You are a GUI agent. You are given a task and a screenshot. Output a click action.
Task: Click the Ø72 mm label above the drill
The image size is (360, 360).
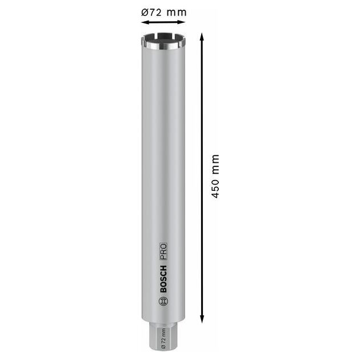point(163,12)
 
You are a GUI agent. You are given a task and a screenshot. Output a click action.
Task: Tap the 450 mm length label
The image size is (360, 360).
point(215,176)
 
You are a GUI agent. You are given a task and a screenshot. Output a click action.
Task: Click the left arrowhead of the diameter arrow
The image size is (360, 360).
point(143,22)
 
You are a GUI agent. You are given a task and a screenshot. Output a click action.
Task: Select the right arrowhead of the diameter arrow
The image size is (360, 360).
point(182,22)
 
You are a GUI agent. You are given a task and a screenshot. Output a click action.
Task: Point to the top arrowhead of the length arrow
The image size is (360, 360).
point(202,36)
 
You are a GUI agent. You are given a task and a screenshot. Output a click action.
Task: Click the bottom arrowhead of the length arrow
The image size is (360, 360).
point(202,319)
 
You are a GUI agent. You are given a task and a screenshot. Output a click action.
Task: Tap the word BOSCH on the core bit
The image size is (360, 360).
point(163,279)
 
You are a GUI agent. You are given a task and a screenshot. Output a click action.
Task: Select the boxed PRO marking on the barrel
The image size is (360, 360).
point(163,251)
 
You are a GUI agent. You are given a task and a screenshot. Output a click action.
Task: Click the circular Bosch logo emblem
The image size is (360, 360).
point(163,301)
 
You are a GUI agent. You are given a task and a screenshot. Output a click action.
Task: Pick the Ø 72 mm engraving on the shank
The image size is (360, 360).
point(163,339)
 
